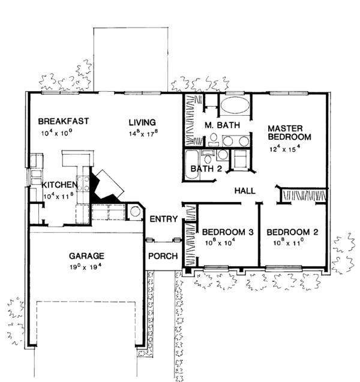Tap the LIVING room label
tap(143, 122)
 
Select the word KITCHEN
tap(58, 185)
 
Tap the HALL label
tap(245, 191)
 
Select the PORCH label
tap(163, 256)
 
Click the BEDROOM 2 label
tap(291, 232)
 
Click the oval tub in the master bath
tap(235, 107)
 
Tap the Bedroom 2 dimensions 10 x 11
tap(288, 243)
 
